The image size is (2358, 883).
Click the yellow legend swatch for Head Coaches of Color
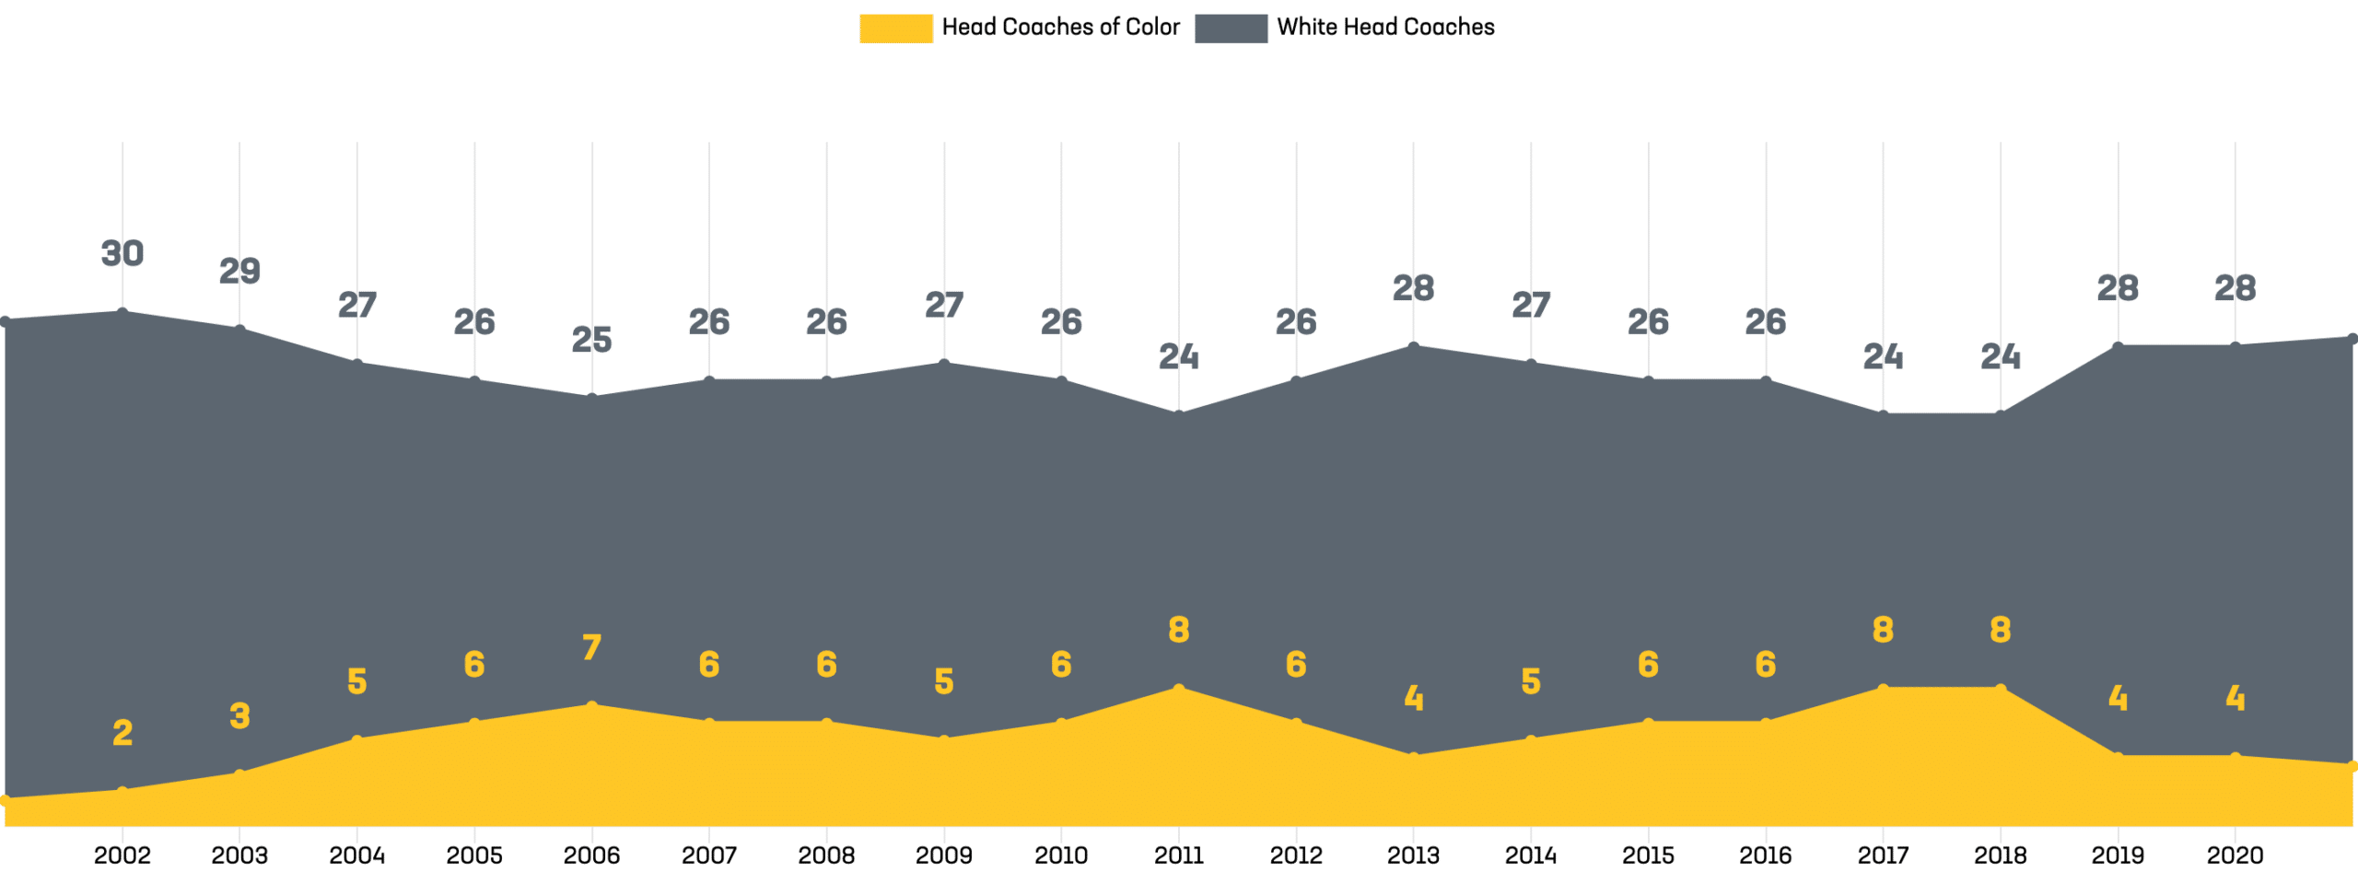pos(895,28)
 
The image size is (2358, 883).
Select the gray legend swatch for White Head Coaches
pos(1231,28)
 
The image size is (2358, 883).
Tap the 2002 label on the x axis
pos(123,855)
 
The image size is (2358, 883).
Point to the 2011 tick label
pos(1179,855)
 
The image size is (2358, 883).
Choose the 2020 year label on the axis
pos(2235,855)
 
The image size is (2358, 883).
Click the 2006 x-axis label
pos(591,855)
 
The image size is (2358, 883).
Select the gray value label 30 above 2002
pos(123,253)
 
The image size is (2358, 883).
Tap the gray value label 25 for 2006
pos(591,340)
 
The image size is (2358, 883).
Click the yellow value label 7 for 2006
pos(591,647)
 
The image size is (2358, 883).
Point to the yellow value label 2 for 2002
pos(123,733)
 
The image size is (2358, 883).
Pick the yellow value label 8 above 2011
pos(1179,630)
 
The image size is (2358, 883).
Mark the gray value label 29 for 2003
pos(239,271)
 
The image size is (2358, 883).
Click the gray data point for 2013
pos(1414,346)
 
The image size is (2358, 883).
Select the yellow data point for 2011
pos(1179,688)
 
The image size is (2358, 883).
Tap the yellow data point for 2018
pos(2001,688)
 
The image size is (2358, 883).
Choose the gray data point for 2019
pos(2118,346)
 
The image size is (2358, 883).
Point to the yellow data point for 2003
pos(239,773)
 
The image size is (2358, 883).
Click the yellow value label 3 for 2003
pos(239,716)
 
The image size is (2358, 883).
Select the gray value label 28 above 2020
pos(2235,288)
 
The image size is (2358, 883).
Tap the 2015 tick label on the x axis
pos(1648,855)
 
